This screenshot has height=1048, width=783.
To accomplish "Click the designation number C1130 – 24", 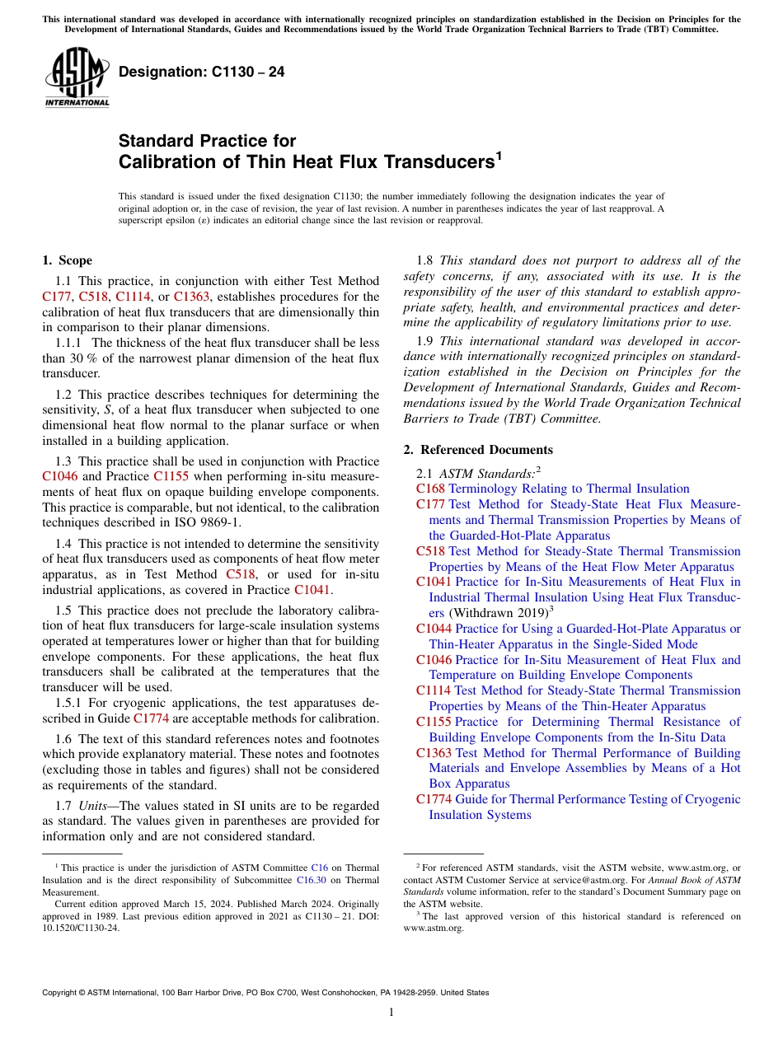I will pyautogui.click(x=202, y=72).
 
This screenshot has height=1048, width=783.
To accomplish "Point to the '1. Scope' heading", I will pyautogui.click(x=68, y=260).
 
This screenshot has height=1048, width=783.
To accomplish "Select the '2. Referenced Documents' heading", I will pyautogui.click(x=478, y=449).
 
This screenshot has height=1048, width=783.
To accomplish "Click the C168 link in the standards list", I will pyautogui.click(x=431, y=489).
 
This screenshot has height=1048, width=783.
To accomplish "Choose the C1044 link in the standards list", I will pyautogui.click(x=434, y=629).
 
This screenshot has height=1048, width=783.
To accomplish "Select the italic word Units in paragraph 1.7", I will pyautogui.click(x=94, y=805).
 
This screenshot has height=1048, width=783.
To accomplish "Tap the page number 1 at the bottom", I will pyautogui.click(x=391, y=1013).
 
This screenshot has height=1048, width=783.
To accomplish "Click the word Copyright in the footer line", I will pyautogui.click(x=62, y=993).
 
